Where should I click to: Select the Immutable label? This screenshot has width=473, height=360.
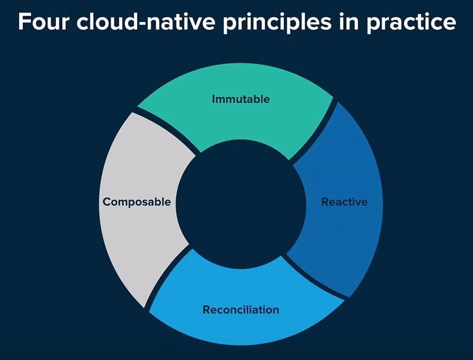pyautogui.click(x=240, y=99)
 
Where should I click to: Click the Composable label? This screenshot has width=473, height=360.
pyautogui.click(x=137, y=201)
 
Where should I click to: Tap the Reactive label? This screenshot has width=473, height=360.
pyautogui.click(x=344, y=201)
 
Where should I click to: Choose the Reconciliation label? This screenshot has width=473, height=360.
pyautogui.click(x=240, y=310)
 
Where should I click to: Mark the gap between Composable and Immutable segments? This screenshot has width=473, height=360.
pyautogui.click(x=168, y=131)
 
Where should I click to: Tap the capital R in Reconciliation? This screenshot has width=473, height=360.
pyautogui.click(x=207, y=310)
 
